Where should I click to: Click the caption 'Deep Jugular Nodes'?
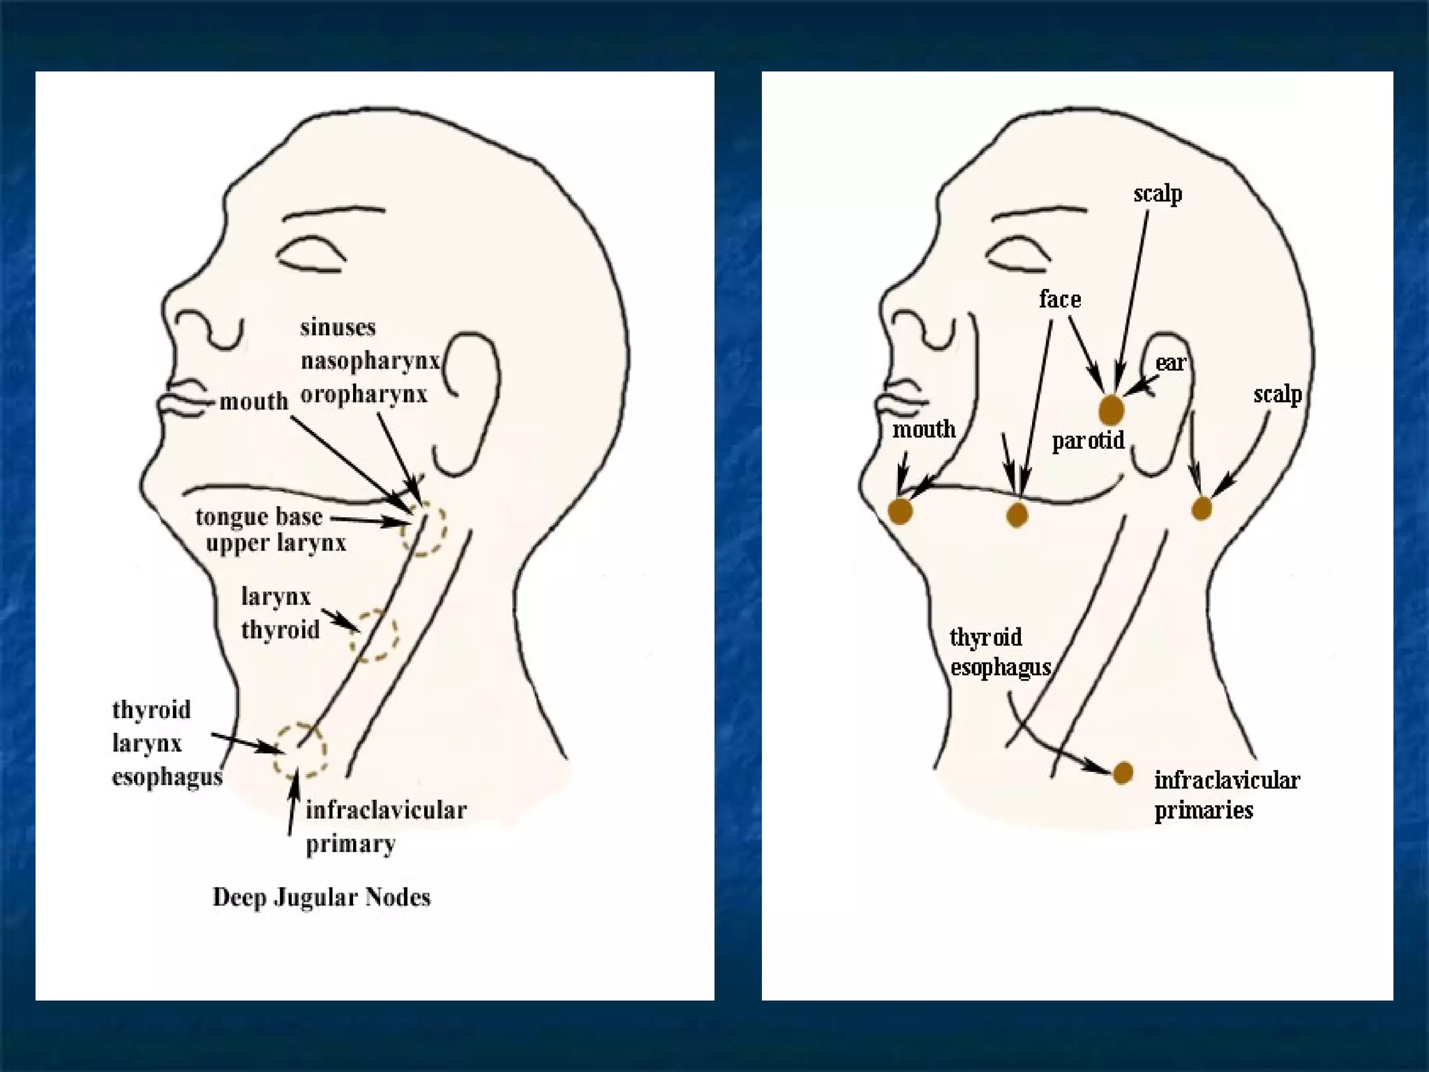(x=321, y=898)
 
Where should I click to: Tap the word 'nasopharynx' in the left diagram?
(x=370, y=362)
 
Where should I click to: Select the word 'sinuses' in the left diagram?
(x=338, y=327)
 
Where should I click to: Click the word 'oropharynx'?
(x=364, y=395)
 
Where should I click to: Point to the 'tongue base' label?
(x=259, y=517)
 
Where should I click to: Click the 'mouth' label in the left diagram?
(x=253, y=401)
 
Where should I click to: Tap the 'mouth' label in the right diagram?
(x=924, y=429)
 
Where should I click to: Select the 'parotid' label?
(x=1088, y=440)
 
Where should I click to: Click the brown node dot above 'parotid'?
(x=1111, y=410)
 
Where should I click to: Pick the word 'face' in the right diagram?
(x=1059, y=299)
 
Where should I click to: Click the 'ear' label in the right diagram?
(x=1170, y=363)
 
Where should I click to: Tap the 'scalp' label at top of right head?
(x=1158, y=193)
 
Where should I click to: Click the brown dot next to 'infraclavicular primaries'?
(x=1123, y=773)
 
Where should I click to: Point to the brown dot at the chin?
(x=900, y=511)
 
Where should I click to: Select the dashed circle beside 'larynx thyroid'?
(x=375, y=635)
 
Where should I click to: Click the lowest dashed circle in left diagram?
(x=300, y=750)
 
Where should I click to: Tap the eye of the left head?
(x=311, y=255)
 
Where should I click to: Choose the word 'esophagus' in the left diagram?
(x=167, y=777)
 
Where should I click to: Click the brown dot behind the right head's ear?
(x=1201, y=509)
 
